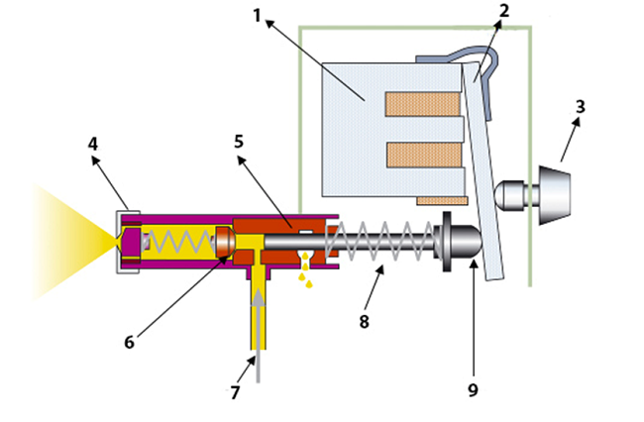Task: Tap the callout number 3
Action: pos(581,105)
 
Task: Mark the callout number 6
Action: pos(130,342)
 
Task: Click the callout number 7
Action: pos(235,392)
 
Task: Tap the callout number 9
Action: pos(473,389)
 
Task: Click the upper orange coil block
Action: pos(421,102)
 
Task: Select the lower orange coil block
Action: pos(421,156)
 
